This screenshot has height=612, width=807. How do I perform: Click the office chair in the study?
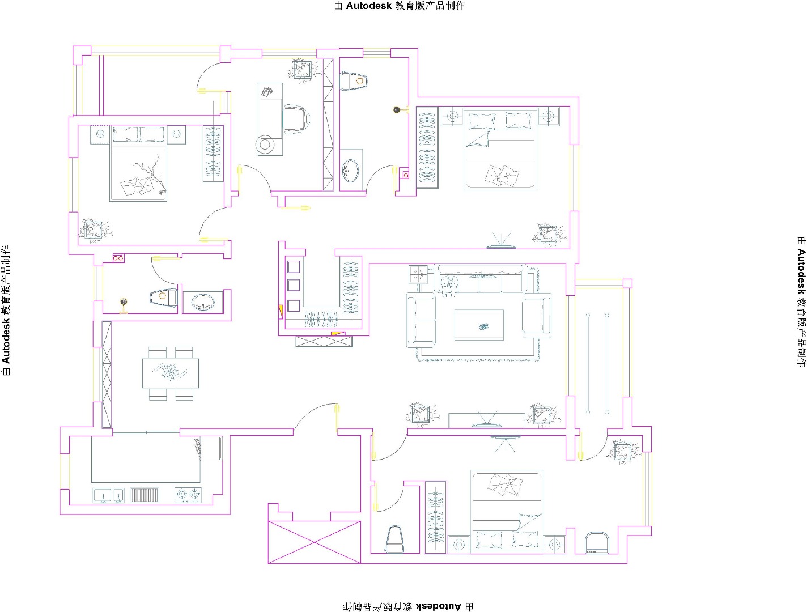(x=296, y=119)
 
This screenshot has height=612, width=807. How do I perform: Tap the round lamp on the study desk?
(x=265, y=144)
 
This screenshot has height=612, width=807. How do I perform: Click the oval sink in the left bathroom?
(x=202, y=302)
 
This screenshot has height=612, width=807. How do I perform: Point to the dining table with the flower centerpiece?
(x=170, y=373)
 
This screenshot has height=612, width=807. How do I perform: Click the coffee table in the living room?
(x=479, y=325)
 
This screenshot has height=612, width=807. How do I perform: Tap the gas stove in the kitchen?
(x=188, y=495)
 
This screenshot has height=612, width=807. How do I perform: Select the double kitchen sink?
(x=108, y=495)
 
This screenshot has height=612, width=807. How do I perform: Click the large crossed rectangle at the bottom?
(x=315, y=542)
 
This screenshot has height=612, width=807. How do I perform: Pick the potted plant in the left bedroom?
(x=94, y=230)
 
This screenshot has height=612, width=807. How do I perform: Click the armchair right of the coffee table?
(x=537, y=315)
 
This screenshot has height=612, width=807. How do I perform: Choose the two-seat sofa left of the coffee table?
(x=421, y=320)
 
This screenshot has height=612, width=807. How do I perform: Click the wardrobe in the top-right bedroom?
(x=427, y=147)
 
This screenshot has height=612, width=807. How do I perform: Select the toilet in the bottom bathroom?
(x=394, y=539)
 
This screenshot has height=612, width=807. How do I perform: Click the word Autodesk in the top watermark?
(x=368, y=6)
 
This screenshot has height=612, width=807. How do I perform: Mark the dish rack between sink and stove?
(x=145, y=495)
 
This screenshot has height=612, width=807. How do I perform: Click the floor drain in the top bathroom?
(x=396, y=109)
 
